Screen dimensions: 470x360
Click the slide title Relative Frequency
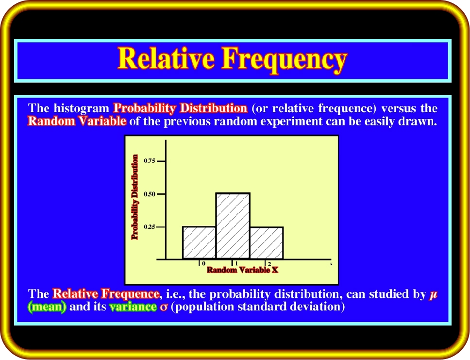232,60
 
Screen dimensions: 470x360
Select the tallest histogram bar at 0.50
233,226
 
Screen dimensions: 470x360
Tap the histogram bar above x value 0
200,243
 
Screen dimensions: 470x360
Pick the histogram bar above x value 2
267,243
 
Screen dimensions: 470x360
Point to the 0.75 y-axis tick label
150,161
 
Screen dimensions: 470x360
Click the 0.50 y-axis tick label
150,194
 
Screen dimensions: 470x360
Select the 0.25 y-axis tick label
150,227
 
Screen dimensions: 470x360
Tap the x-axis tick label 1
236,264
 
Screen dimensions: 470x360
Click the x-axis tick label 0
203,264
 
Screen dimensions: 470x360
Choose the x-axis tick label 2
269,264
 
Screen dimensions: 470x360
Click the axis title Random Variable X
242,270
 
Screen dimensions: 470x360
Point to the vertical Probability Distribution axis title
135,197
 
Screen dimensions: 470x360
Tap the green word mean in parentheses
47,307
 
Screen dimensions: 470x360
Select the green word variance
133,307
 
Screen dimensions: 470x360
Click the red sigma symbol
164,308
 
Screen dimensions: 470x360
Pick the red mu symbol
433,295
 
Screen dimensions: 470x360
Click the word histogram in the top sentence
81,108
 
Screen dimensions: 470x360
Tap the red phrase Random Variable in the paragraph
77,121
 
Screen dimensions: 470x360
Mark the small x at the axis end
331,264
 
